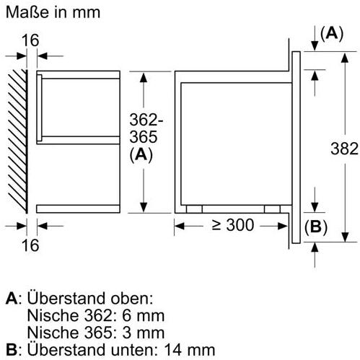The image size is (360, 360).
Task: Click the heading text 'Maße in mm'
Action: tap(53, 12)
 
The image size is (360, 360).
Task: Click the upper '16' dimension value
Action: tap(30, 40)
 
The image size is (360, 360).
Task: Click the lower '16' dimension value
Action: tap(30, 245)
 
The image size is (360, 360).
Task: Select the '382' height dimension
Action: tap(344, 149)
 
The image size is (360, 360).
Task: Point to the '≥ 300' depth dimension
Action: tap(233, 225)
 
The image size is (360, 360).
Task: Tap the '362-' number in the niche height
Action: tap(146, 120)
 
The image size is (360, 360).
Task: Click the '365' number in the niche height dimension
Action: tap(144, 137)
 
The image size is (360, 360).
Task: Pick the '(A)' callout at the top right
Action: tap(332, 34)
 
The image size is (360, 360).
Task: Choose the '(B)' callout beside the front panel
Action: tap(316, 227)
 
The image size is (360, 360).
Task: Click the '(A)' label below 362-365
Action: tap(141, 155)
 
